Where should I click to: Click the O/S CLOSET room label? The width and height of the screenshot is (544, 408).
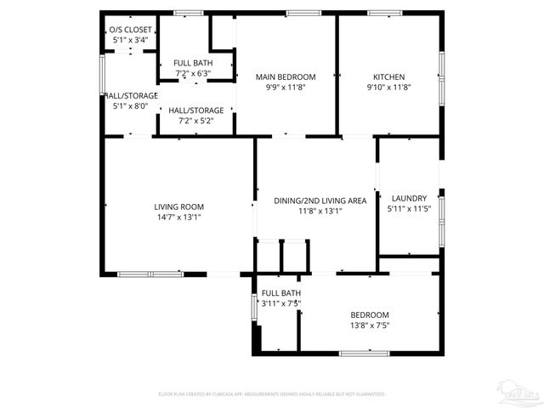point(130,30)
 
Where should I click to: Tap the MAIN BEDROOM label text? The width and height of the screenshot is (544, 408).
point(286,77)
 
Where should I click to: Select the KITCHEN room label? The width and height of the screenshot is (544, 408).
point(388,77)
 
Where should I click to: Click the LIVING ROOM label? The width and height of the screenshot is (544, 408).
point(178,207)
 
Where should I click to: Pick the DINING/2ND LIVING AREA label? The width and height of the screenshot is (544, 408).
point(320,201)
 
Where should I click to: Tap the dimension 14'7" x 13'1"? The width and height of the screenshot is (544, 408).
point(178,217)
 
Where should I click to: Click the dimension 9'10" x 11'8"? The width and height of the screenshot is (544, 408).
point(388,87)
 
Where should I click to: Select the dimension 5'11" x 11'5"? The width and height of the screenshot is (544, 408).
point(409,209)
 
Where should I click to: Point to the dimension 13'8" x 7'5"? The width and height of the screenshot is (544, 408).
point(370,324)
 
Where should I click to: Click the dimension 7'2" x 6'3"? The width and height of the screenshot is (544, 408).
point(193,73)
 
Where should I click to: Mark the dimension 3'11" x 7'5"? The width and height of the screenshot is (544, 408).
point(281,303)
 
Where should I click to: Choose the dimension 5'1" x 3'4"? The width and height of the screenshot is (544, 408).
point(130,40)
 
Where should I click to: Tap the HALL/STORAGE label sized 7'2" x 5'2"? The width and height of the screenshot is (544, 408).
point(196,110)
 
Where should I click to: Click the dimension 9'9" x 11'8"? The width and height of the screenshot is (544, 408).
point(286,87)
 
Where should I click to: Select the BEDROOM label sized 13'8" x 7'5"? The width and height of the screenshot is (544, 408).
point(370,314)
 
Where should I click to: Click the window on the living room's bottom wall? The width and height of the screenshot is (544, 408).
point(150,274)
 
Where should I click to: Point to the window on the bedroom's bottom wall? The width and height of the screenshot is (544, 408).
point(364,353)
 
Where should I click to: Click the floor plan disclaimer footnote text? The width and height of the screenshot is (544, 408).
point(272,394)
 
